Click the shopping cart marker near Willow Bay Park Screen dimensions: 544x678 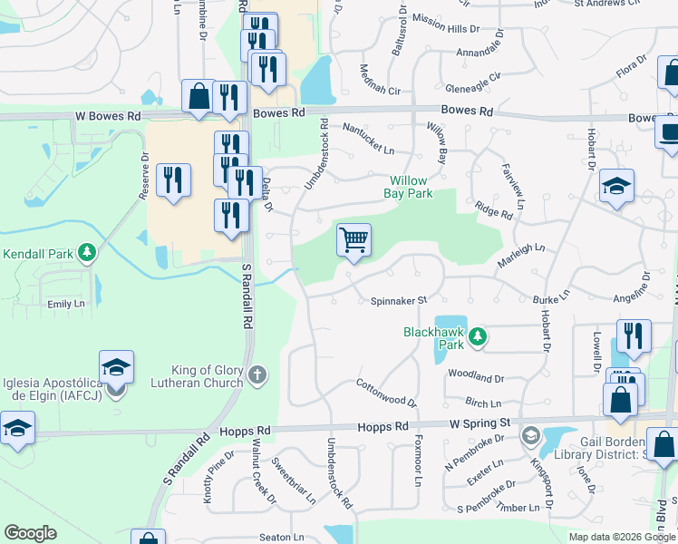tap(354, 240)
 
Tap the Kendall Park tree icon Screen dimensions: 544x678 tap(87, 251)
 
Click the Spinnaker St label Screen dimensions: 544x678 tap(398, 300)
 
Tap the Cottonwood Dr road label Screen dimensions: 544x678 tap(385, 393)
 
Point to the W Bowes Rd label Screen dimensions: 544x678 tap(108, 116)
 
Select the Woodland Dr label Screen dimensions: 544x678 tap(475, 377)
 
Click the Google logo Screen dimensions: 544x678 tap(30, 533)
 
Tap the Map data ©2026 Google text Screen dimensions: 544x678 tap(621, 537)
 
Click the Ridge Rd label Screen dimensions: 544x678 tap(493, 210)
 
